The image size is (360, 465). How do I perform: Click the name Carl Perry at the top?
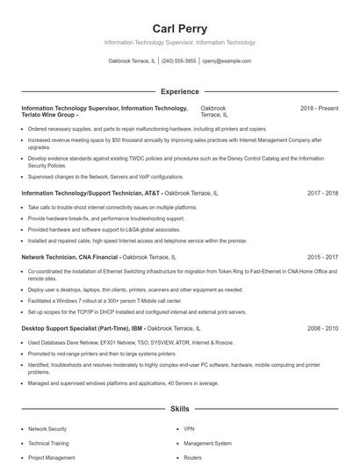(180, 28)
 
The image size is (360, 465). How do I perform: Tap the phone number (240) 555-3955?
(179, 61)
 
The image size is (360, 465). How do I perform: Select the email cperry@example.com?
(227, 61)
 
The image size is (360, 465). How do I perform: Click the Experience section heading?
(180, 91)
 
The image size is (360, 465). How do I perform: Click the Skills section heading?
(180, 410)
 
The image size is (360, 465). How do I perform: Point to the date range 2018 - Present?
(319, 108)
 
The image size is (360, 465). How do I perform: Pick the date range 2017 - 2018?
(322, 192)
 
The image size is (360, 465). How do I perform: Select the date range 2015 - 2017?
(322, 257)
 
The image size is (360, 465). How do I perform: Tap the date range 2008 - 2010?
(322, 328)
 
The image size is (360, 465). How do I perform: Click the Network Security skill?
(47, 429)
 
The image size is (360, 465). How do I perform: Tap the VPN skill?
(189, 429)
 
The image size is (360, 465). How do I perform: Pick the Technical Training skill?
(48, 443)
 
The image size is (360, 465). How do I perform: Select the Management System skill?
(207, 443)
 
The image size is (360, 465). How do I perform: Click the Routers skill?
(193, 457)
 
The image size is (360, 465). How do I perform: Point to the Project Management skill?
(52, 457)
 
